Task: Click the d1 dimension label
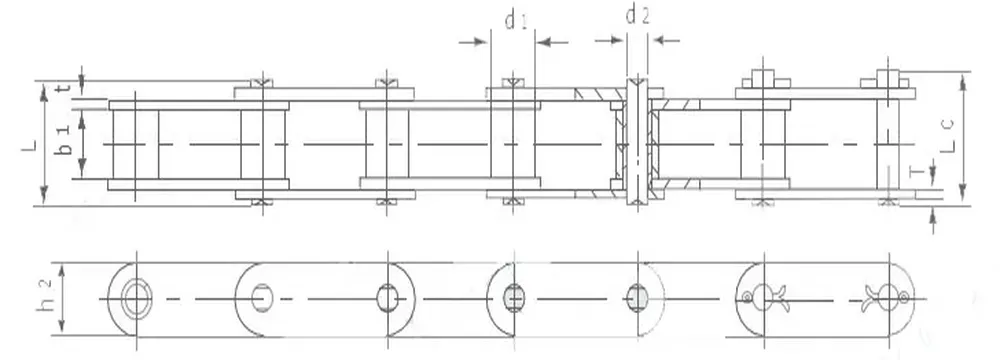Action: click(515, 19)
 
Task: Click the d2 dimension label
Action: click(637, 15)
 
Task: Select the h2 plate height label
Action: click(44, 297)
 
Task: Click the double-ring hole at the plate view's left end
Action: click(133, 298)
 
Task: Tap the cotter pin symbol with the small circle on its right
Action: click(888, 297)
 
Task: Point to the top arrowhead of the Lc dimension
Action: click(963, 78)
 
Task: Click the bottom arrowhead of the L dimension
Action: click(44, 197)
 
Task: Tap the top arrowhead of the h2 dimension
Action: click(64, 268)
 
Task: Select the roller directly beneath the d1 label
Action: click(512, 143)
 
